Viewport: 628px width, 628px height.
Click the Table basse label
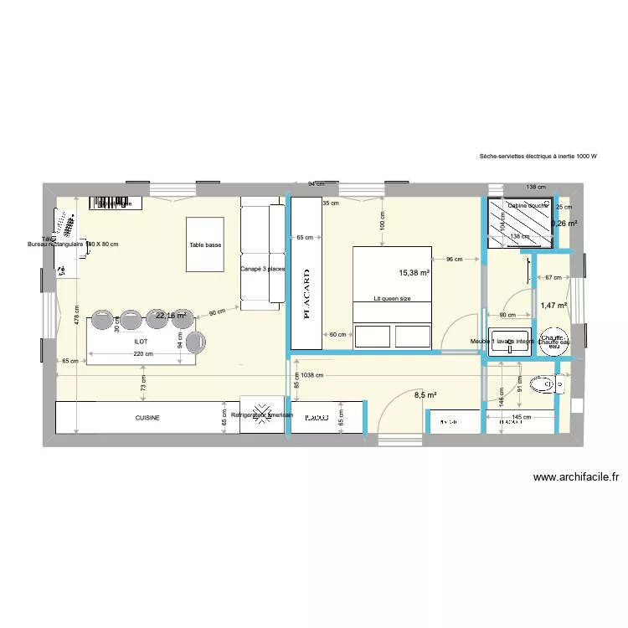point(205,245)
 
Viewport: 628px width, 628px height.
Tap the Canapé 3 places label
point(262,269)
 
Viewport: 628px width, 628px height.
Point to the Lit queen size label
point(392,298)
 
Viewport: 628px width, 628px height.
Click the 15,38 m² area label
point(414,273)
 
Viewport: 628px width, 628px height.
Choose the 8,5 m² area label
point(425,394)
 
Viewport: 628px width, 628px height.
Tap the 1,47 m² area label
point(553,306)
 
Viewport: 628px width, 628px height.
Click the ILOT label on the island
point(140,342)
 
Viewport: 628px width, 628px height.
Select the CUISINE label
point(147,417)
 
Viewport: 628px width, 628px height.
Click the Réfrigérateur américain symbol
point(262,415)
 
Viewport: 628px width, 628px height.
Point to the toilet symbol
point(545,385)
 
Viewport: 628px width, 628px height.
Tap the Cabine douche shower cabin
point(519,224)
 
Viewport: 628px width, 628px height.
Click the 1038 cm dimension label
point(312,376)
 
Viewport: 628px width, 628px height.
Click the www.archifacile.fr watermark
point(575,477)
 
